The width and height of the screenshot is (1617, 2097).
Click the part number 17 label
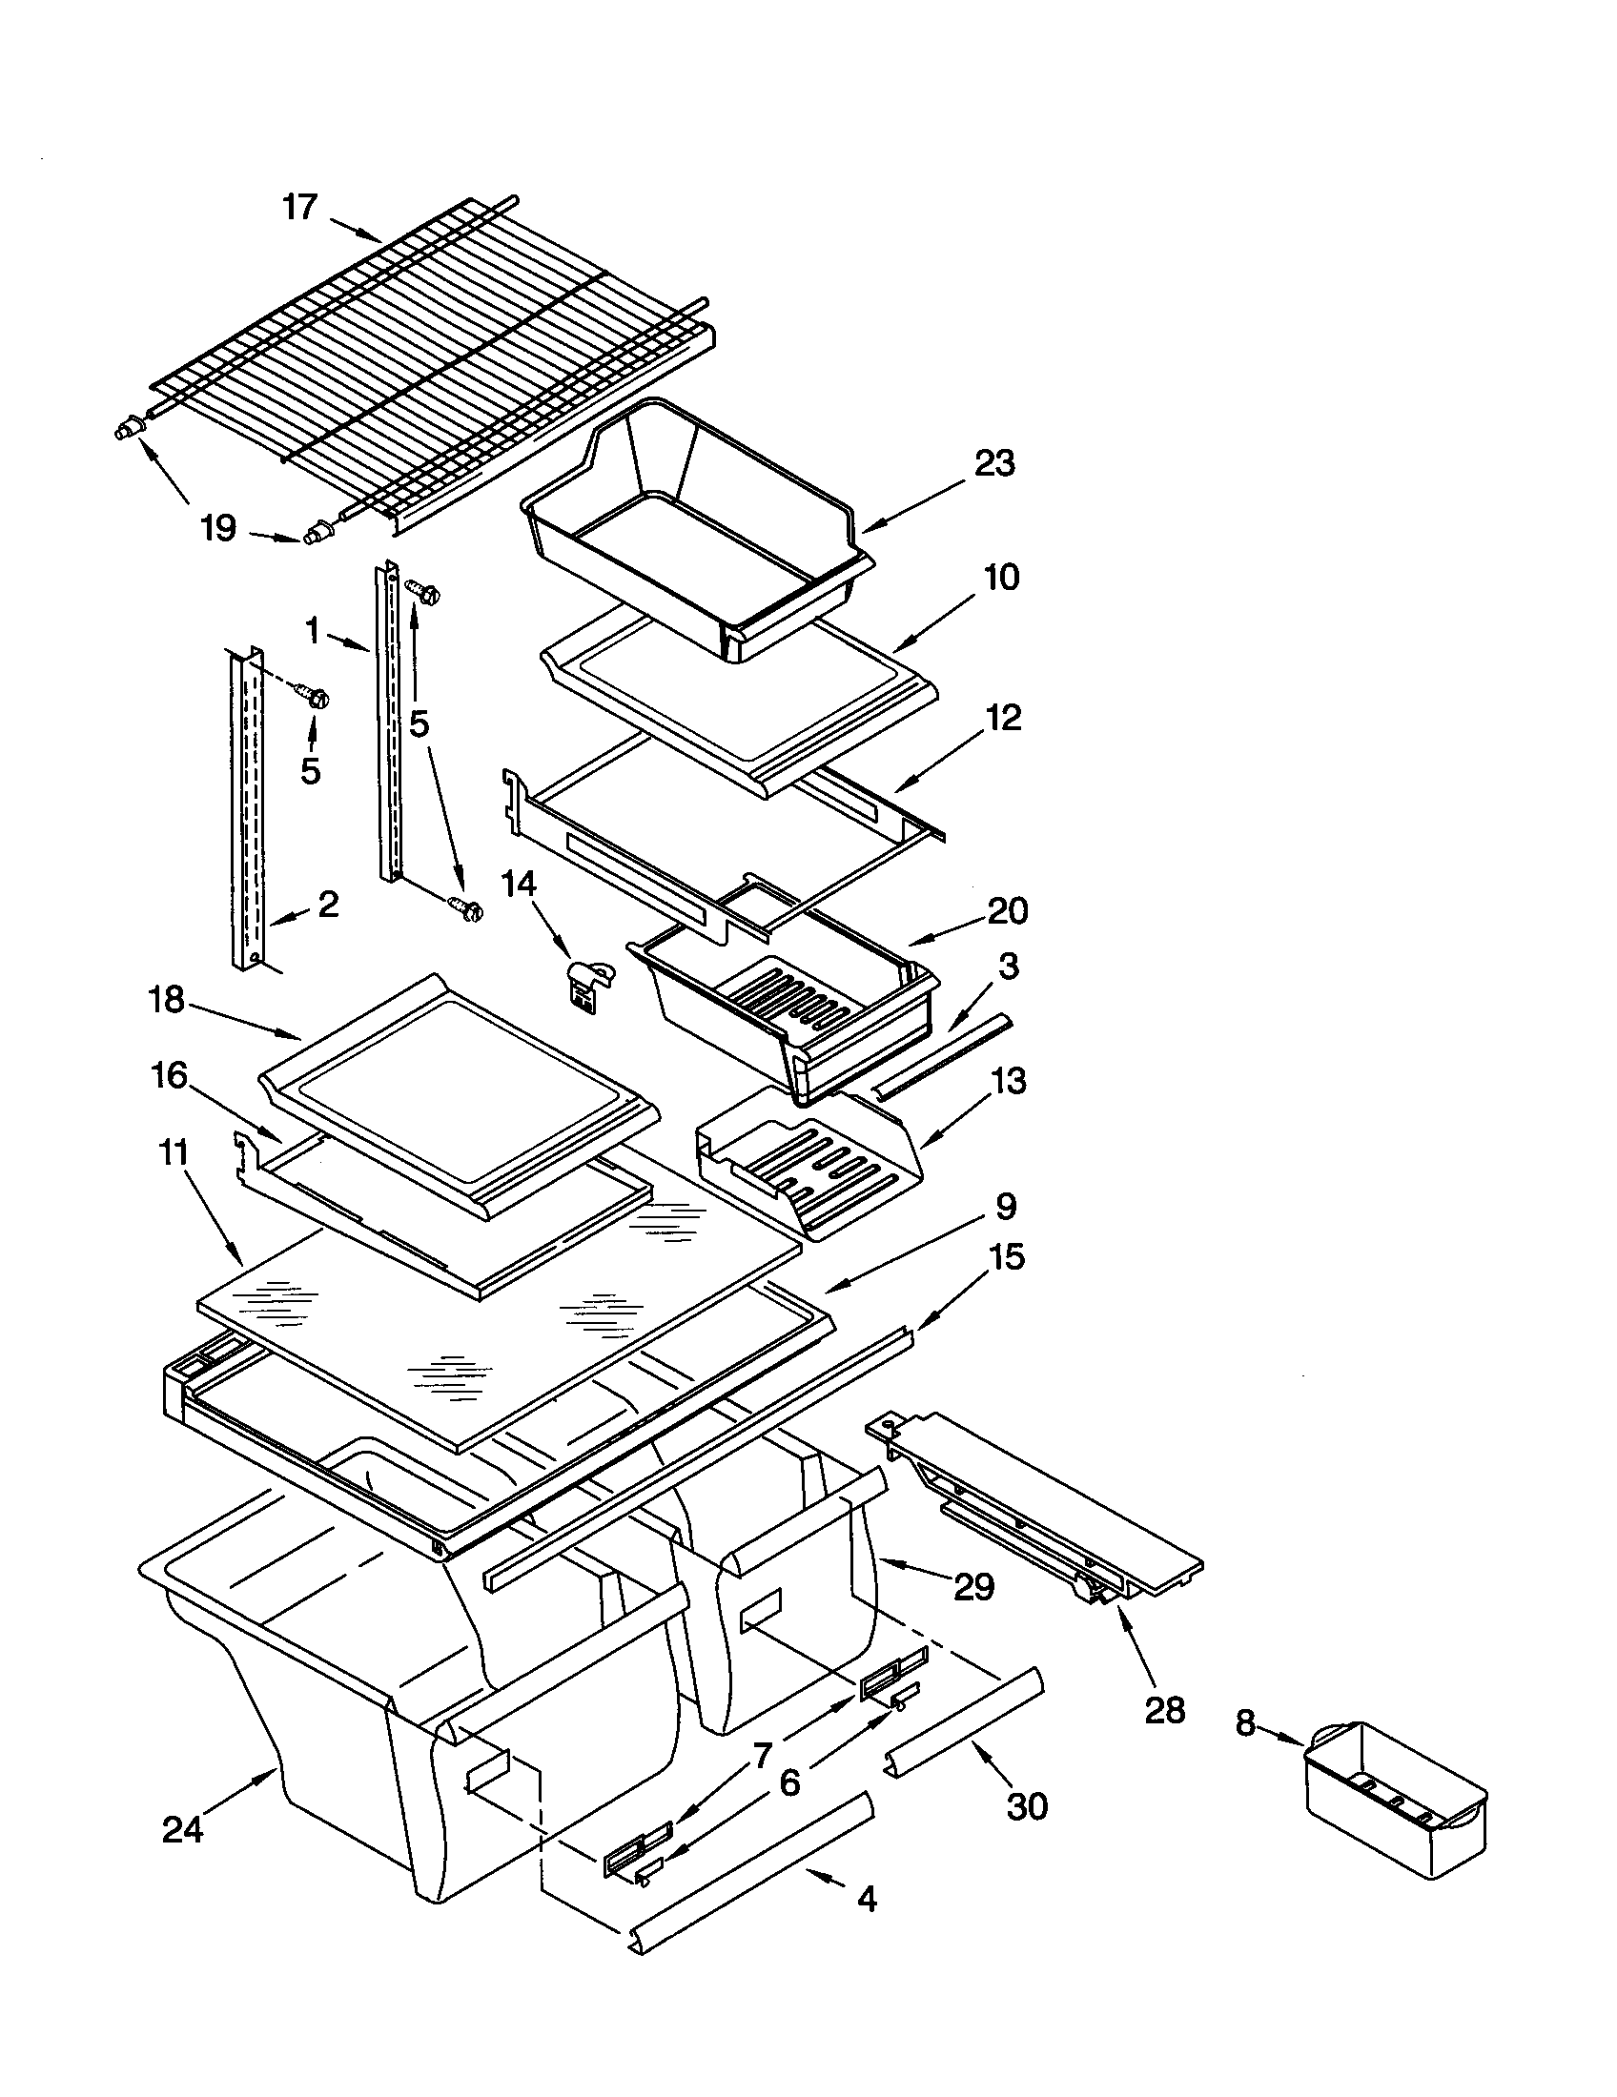click(299, 207)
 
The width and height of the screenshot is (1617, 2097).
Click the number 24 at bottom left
click(182, 1830)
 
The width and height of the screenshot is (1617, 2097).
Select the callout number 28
click(1165, 1710)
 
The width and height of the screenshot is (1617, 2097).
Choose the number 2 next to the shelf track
click(327, 904)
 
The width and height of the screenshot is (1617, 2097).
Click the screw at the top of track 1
click(421, 592)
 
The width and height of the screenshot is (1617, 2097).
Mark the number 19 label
click(218, 527)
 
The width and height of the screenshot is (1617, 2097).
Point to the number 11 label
click(173, 1152)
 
